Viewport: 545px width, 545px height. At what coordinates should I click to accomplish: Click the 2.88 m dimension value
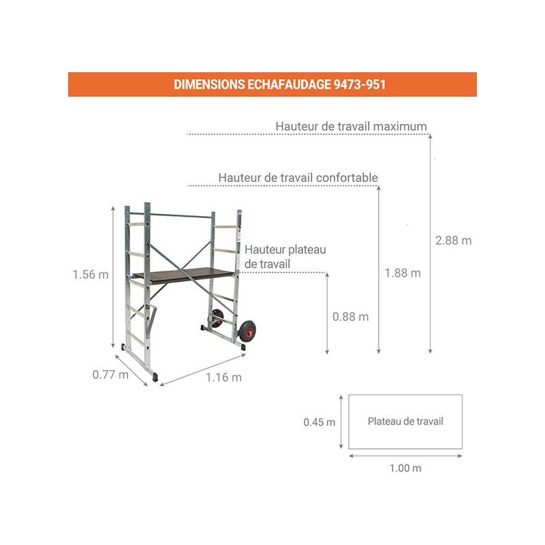tap(453, 240)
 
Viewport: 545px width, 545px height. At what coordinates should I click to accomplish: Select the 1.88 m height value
tap(403, 273)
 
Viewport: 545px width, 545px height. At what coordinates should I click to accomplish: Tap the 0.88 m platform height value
tap(350, 317)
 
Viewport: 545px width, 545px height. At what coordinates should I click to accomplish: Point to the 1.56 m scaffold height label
tap(91, 275)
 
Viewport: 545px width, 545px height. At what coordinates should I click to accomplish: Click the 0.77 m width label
tap(110, 375)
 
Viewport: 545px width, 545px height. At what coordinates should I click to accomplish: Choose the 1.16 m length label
tap(224, 377)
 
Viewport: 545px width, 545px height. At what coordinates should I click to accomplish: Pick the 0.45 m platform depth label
tap(320, 422)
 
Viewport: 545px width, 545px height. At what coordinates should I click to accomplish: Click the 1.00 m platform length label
tap(405, 468)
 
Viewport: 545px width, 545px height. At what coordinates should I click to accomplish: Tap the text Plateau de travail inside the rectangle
tap(405, 422)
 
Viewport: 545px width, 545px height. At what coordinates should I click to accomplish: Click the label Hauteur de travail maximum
tap(351, 126)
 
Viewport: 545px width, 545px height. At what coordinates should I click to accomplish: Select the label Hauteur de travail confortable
tap(298, 178)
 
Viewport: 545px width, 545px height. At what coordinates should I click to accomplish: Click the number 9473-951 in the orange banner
tap(360, 84)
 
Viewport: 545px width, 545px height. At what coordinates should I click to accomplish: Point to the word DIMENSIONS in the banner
tap(209, 84)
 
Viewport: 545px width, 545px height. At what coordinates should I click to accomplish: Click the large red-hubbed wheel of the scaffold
tap(247, 331)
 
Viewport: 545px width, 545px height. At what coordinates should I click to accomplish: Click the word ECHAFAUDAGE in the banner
tap(289, 84)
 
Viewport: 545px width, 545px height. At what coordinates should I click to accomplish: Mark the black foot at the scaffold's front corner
tap(155, 377)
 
